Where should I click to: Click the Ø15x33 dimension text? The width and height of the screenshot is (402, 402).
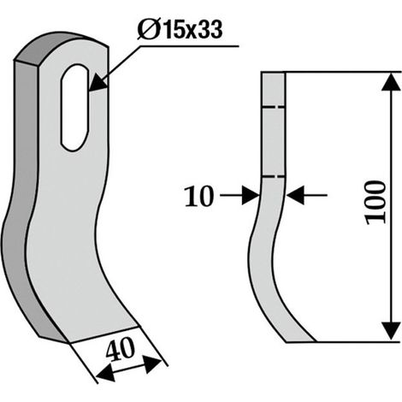[x=180, y=29]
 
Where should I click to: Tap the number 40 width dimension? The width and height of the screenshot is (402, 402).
[x=120, y=349]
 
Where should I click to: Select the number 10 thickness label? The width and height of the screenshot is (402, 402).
[x=199, y=196]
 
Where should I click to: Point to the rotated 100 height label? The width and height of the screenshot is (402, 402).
[x=376, y=203]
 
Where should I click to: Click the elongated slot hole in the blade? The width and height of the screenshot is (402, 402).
[x=74, y=108]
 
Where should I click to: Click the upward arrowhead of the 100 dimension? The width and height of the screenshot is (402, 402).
[x=391, y=82]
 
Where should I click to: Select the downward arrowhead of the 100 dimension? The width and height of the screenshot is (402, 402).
[x=391, y=331]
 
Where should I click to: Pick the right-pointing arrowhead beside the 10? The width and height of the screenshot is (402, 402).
[x=251, y=195]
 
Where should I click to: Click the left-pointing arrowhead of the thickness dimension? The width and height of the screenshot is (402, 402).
[x=295, y=195]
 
